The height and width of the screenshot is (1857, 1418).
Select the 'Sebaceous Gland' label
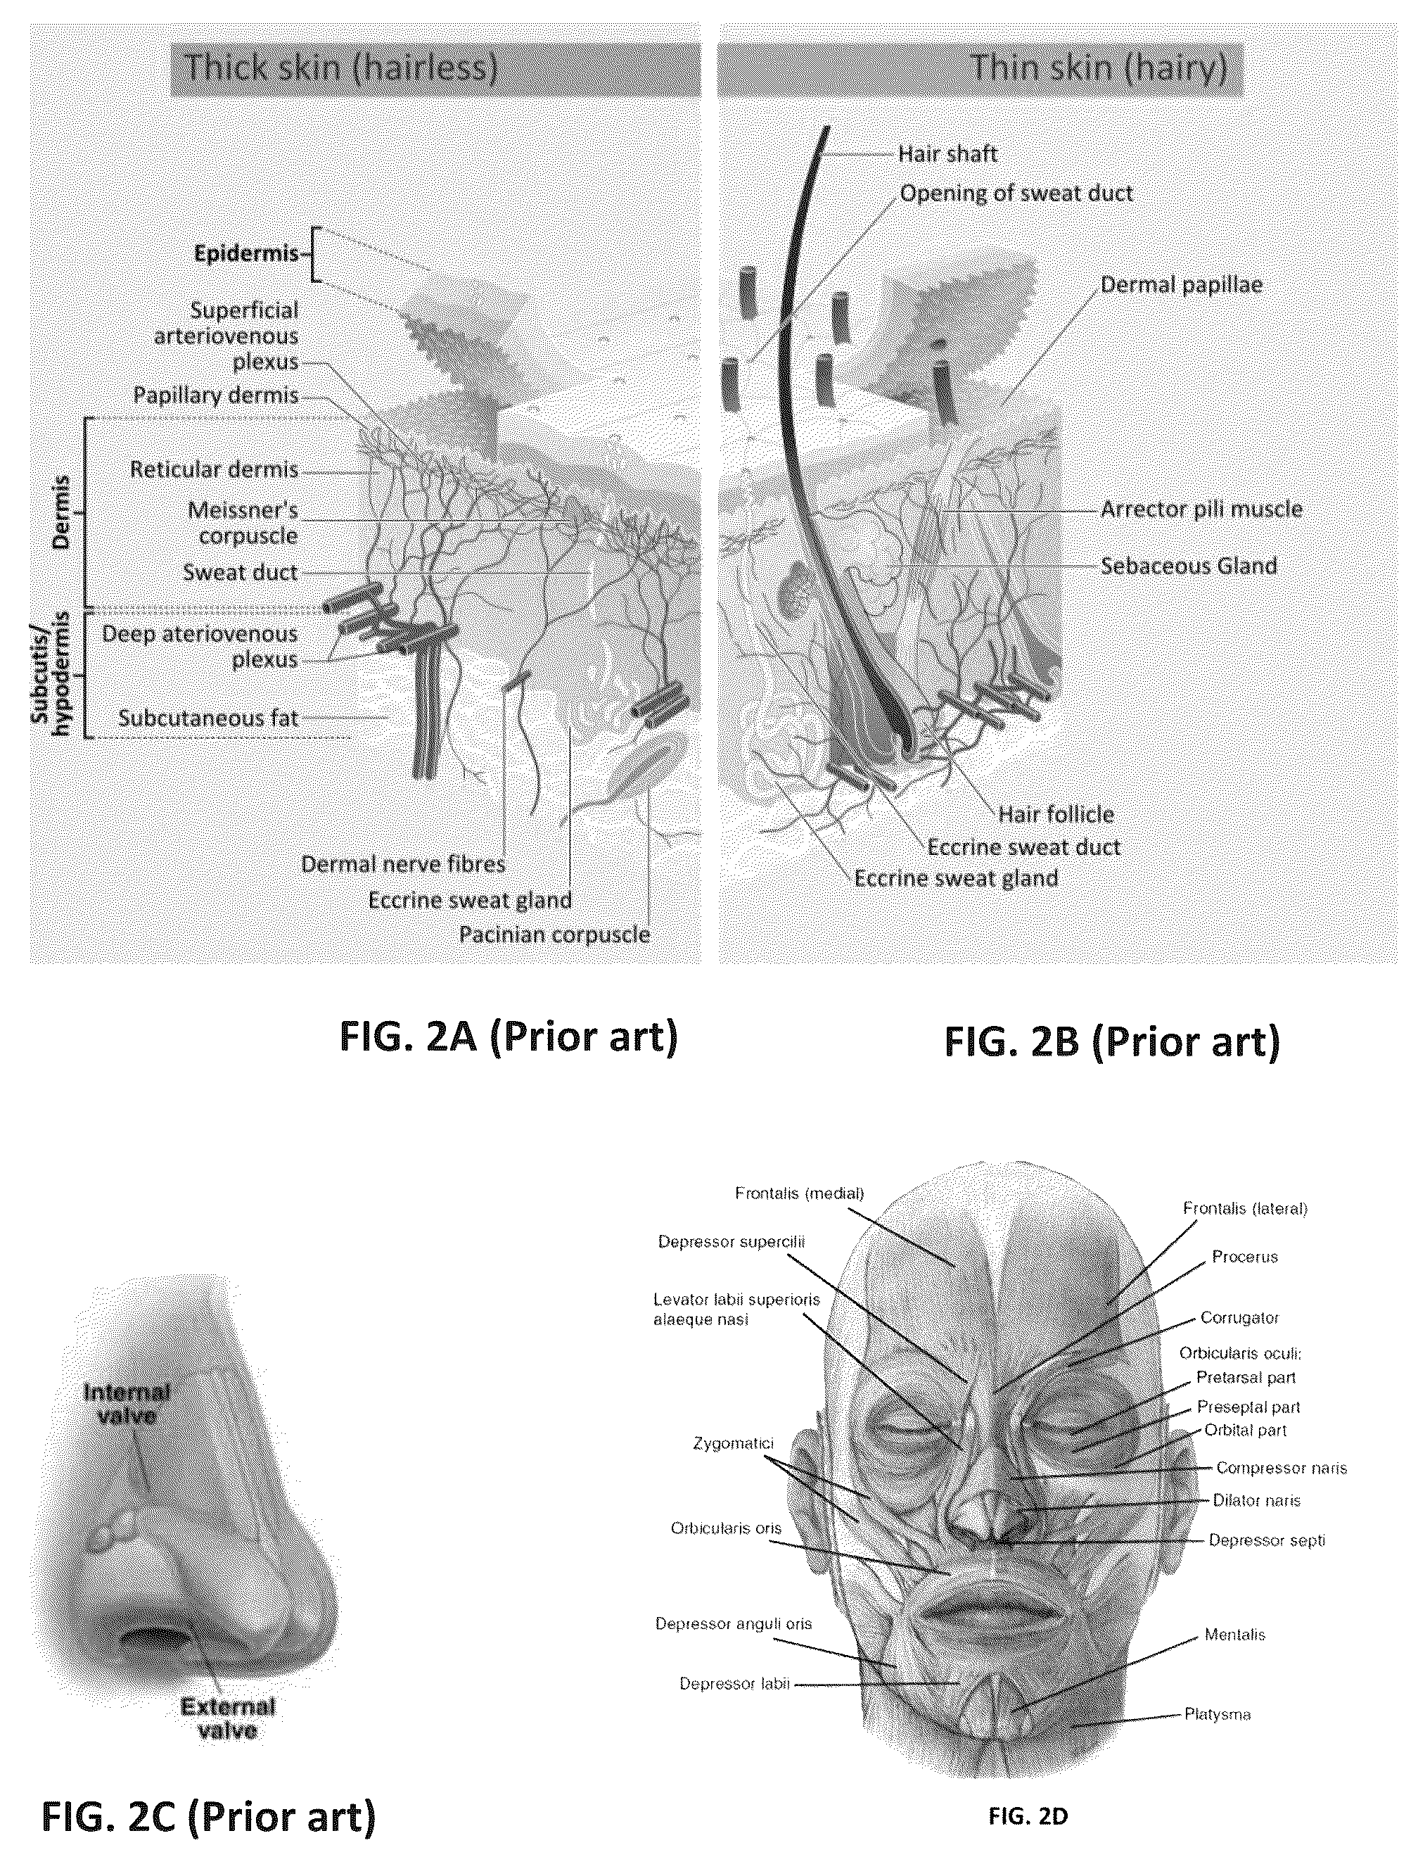[x=1189, y=566]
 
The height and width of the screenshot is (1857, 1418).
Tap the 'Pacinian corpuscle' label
[x=554, y=935]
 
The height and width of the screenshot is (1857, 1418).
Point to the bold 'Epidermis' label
[x=246, y=253]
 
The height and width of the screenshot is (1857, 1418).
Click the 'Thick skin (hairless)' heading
[x=341, y=68]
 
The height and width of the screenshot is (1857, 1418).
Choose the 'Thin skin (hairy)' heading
[x=1099, y=68]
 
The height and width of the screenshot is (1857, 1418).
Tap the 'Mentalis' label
[x=1235, y=1634]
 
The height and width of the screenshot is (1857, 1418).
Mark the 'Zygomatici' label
[x=734, y=1443]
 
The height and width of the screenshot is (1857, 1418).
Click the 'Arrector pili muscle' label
[x=1201, y=509]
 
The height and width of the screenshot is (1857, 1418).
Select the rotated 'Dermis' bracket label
[x=60, y=512]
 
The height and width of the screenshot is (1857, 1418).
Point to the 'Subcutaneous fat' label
[x=208, y=718]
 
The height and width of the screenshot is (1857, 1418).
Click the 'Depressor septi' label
[x=1267, y=1540]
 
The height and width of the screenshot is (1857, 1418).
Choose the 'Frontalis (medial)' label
[x=799, y=1193]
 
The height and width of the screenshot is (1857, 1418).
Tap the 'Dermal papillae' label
[x=1182, y=284]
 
